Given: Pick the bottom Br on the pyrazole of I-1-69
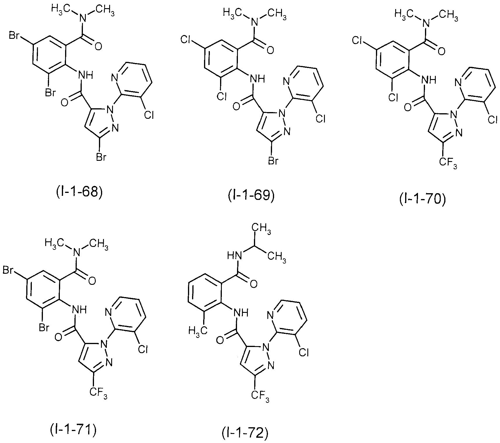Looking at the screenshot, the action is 273,160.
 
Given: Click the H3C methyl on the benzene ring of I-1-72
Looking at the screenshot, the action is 198,331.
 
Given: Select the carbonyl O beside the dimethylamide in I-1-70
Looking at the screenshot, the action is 441,52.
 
